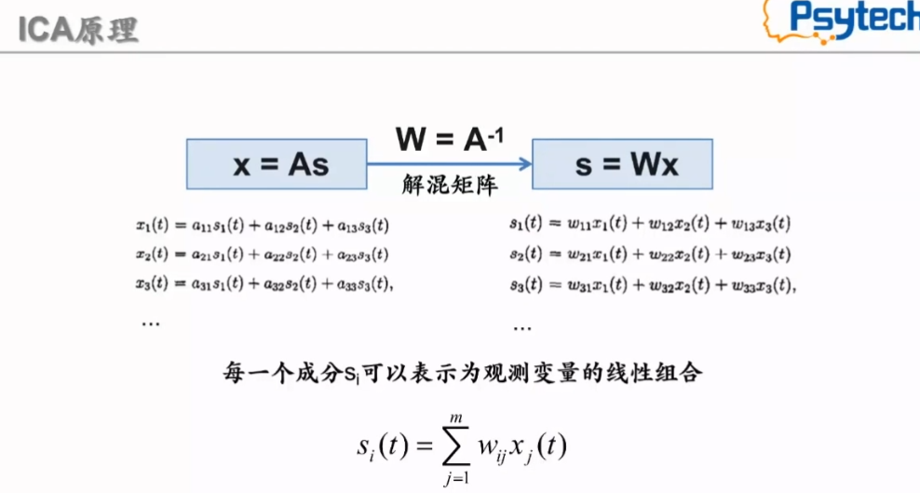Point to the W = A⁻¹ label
pos(451,139)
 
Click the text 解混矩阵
pos(451,185)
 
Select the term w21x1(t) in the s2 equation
pos(596,254)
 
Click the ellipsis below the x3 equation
pos(149,322)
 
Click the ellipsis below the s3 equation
pos(522,326)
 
